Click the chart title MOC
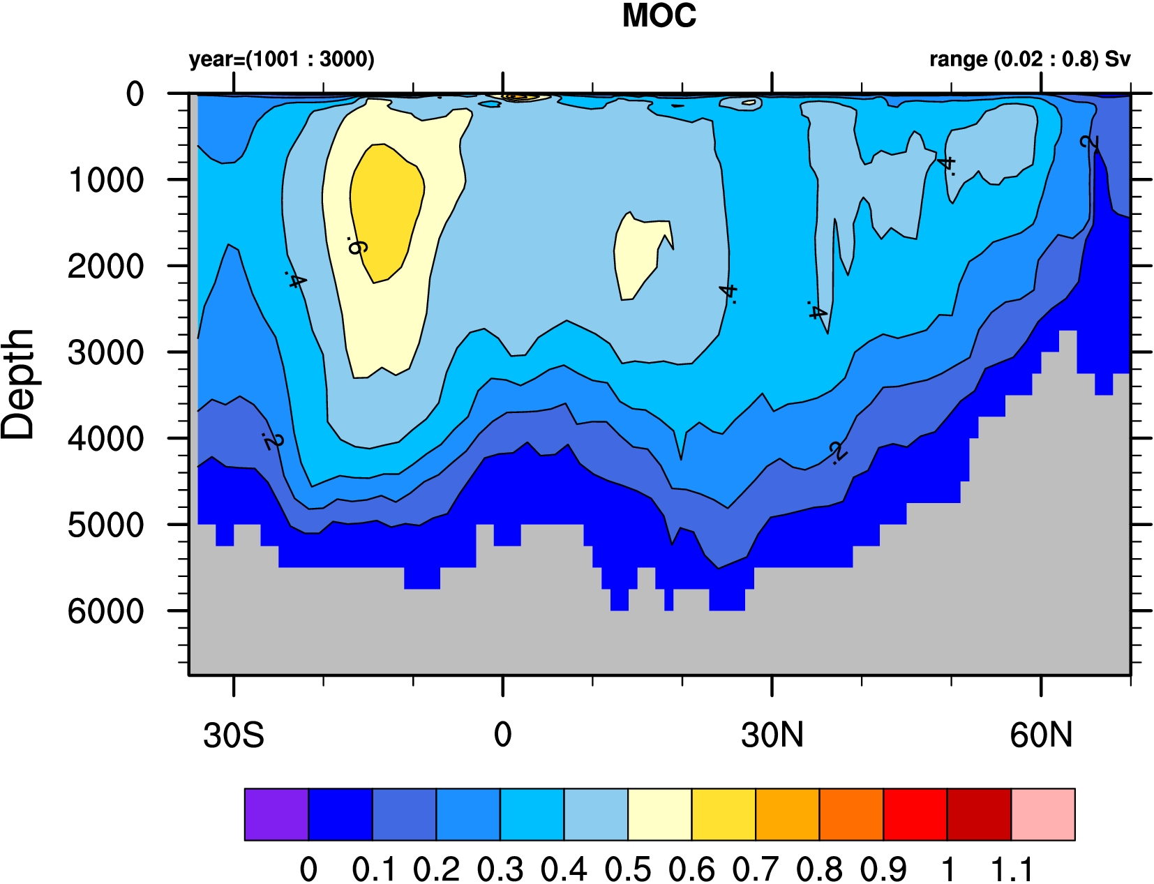pyautogui.click(x=659, y=16)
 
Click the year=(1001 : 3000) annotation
pyautogui.click(x=281, y=59)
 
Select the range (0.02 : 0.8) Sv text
pyautogui.click(x=1029, y=59)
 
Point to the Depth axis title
pyautogui.click(x=18, y=384)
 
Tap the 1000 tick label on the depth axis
pyautogui.click(x=106, y=180)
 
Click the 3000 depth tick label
pyautogui.click(x=106, y=352)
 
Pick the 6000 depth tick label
pyautogui.click(x=106, y=611)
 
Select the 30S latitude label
pyautogui.click(x=233, y=735)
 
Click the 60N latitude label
pyautogui.click(x=1040, y=735)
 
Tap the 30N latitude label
pyautogui.click(x=772, y=735)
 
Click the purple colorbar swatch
pyautogui.click(x=276, y=814)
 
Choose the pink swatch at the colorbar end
pyautogui.click(x=1042, y=814)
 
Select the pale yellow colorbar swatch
pyautogui.click(x=659, y=814)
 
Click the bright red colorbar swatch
pyautogui.click(x=915, y=814)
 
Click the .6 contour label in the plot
pyautogui.click(x=357, y=246)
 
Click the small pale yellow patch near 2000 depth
pyautogui.click(x=636, y=255)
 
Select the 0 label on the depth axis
pyautogui.click(x=135, y=93)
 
